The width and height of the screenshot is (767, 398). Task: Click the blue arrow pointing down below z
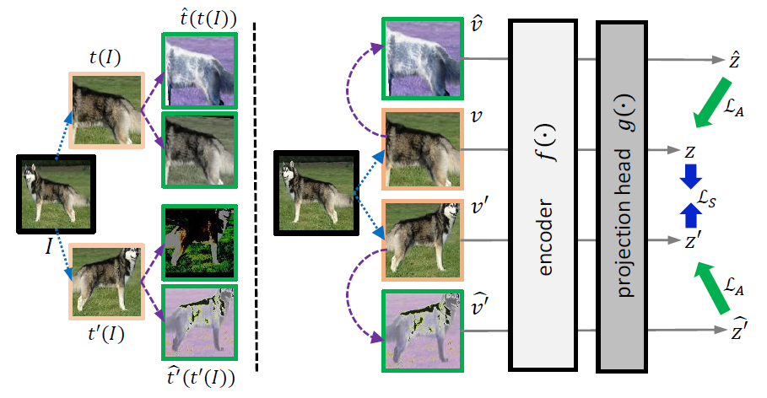coord(691,175)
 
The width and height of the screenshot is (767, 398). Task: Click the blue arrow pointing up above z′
coord(691,217)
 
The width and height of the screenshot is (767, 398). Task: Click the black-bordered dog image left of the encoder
coord(317,194)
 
